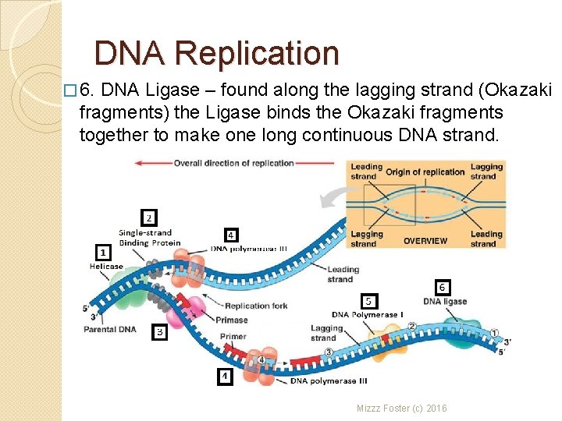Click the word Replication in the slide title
pos(257,54)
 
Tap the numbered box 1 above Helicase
pos(102,252)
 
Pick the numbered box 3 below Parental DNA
pos(158,332)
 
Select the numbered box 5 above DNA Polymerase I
pos(370,301)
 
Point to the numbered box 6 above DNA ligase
pos(442,287)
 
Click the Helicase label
pos(106,267)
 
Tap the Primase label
pos(232,320)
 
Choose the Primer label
pos(233,337)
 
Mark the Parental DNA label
pos(109,329)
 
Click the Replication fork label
pos(256,306)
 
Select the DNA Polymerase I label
pos(367,315)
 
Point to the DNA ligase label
pos(445,302)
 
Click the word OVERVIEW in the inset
pos(425,241)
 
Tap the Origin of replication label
pos(425,172)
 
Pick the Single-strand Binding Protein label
pos(149,238)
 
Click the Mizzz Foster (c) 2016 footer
pos(401,408)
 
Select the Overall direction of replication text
pos(233,164)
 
